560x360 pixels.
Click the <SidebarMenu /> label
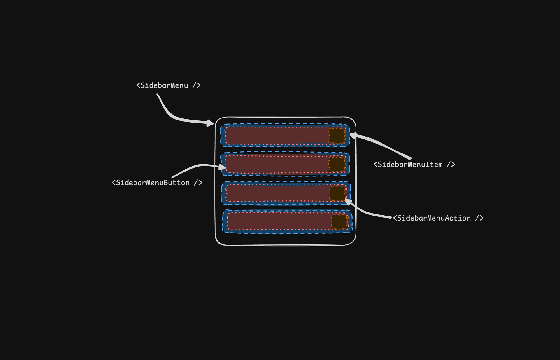click(168, 85)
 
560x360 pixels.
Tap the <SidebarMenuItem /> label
click(414, 165)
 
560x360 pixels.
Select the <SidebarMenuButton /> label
click(157, 183)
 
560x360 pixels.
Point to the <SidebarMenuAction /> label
click(438, 218)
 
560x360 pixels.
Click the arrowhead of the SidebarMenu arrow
click(211, 123)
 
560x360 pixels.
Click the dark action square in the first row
click(337, 135)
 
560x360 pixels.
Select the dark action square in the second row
click(337, 164)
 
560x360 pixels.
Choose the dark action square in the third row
click(338, 193)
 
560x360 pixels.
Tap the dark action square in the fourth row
click(339, 222)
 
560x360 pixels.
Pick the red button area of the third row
click(277, 193)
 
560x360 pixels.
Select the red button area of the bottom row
click(279, 221)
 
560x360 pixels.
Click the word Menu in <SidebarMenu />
click(179, 85)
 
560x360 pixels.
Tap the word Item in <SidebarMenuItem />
click(434, 165)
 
